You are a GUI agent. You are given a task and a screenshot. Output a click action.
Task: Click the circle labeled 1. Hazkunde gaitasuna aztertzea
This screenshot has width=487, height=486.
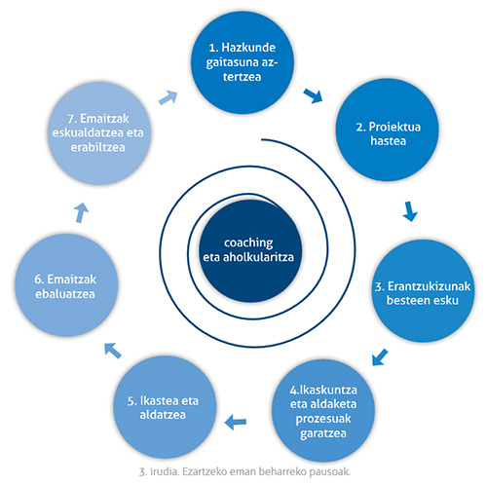point(243,62)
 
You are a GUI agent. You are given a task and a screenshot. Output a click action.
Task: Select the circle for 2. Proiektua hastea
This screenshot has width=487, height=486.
point(387,130)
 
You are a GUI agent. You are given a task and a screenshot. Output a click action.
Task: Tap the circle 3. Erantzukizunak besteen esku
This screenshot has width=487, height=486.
point(423,290)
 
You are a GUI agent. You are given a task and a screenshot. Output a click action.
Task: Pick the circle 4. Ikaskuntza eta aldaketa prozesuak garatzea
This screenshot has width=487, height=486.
point(323,411)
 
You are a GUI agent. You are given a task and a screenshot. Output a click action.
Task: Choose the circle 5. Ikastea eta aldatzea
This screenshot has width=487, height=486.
point(165,407)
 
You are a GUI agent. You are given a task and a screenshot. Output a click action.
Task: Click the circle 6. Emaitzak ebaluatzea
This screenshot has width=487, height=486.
point(66,285)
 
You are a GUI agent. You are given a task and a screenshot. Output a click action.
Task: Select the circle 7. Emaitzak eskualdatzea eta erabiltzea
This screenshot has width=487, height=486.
point(99,133)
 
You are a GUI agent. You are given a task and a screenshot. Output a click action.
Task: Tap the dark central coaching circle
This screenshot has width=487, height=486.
point(250,250)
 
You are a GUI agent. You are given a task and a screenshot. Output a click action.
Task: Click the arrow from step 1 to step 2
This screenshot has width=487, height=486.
point(314,95)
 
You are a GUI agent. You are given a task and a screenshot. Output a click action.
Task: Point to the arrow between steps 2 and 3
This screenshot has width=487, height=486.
point(410,211)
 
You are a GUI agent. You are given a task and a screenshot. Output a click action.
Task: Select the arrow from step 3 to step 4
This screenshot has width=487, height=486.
point(380,357)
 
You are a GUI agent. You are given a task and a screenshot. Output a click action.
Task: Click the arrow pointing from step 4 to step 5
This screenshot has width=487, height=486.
point(236,422)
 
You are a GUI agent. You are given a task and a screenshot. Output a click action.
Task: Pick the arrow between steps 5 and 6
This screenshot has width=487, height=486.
point(113,351)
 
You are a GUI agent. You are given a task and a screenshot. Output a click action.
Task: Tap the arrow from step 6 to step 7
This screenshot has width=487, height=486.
point(81,212)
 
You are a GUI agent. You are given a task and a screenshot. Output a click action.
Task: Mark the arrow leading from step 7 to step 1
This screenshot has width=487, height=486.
point(169,97)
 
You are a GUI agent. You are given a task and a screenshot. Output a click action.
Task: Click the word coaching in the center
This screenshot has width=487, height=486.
point(248,243)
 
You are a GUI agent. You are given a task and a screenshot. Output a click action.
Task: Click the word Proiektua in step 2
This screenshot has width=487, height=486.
point(394,127)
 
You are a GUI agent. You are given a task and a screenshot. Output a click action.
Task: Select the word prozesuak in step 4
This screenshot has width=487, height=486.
point(323,420)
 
